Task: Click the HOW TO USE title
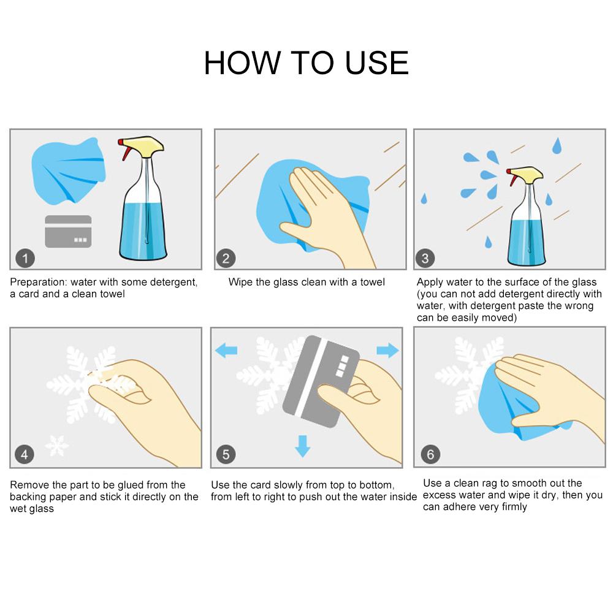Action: pyautogui.click(x=306, y=63)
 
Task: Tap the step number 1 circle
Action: pyautogui.click(x=25, y=259)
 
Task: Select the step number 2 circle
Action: pyautogui.click(x=226, y=259)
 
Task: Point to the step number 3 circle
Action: pyautogui.click(x=425, y=259)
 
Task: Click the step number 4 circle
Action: pyautogui.click(x=25, y=454)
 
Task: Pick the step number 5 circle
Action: pyautogui.click(x=226, y=454)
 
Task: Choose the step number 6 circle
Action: pyautogui.click(x=430, y=454)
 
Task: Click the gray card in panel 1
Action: pyautogui.click(x=68, y=232)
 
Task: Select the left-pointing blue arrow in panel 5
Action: pyautogui.click(x=226, y=350)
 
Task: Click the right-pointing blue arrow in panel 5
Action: pyautogui.click(x=387, y=350)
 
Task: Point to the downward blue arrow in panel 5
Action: pyautogui.click(x=303, y=446)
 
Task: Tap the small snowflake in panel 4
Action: pyautogui.click(x=56, y=446)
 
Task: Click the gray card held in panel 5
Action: pyautogui.click(x=320, y=381)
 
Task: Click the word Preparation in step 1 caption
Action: pyautogui.click(x=37, y=282)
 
